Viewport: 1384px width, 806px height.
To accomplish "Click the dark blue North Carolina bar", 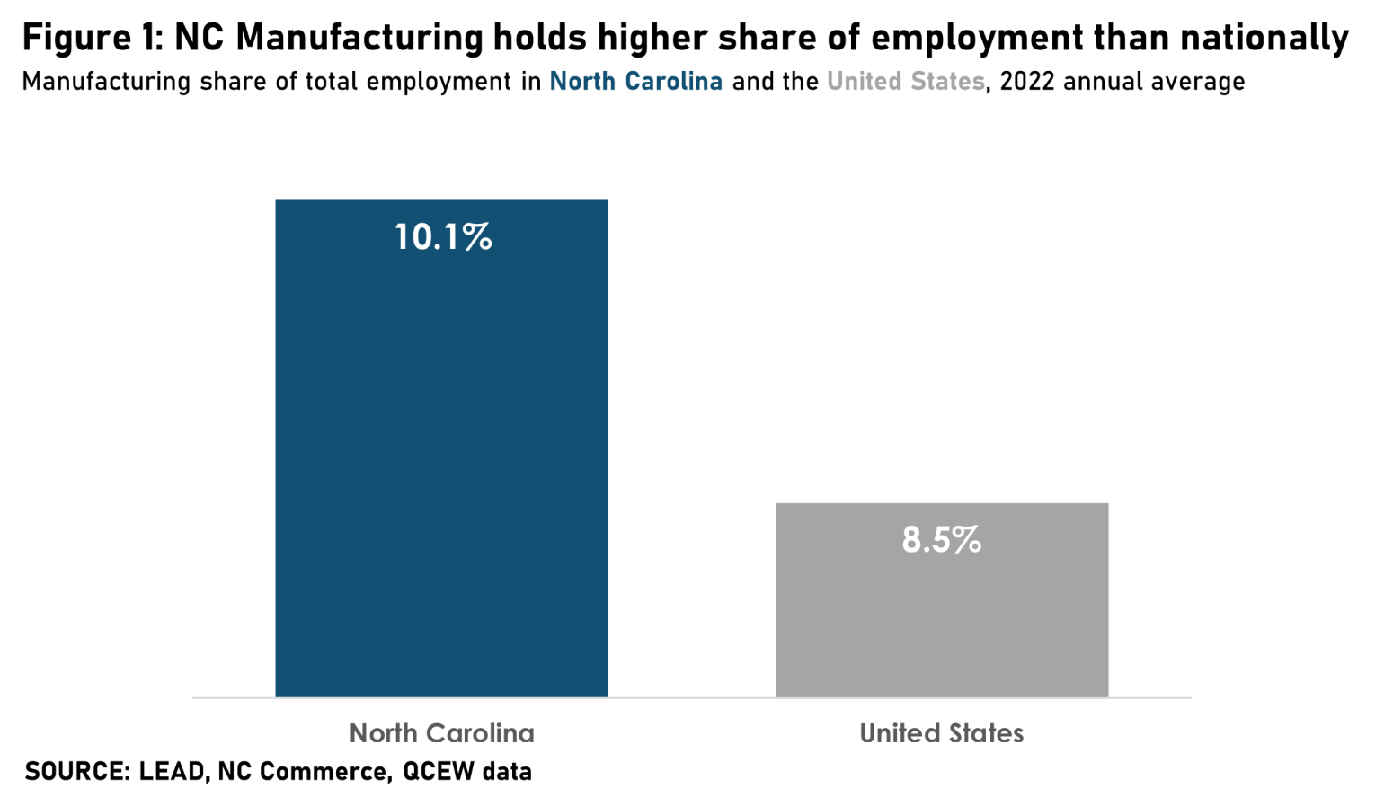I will coord(441,449).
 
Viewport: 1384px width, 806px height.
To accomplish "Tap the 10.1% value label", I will coord(443,237).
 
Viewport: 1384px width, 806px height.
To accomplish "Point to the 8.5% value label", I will coord(942,540).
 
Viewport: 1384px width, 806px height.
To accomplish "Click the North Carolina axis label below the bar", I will coord(441,733).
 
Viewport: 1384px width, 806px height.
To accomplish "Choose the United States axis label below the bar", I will coord(942,733).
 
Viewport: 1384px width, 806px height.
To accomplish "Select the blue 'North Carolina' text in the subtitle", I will coord(635,82).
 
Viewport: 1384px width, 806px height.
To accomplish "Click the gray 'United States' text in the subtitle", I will coord(905,82).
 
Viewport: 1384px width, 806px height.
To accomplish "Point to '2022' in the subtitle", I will coord(1026,82).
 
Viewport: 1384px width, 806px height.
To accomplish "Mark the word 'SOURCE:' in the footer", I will coord(77,772).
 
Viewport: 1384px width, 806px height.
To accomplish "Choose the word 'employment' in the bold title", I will coord(976,38).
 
